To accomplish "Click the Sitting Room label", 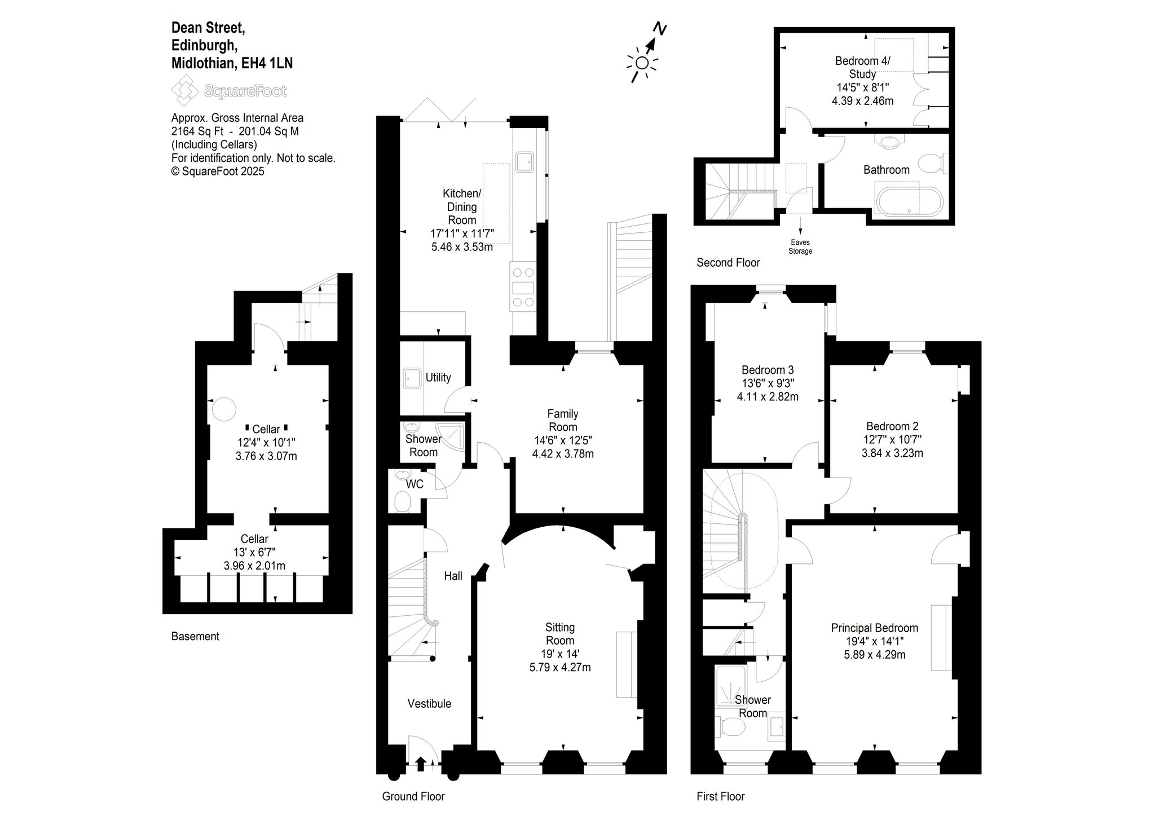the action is coord(560,634).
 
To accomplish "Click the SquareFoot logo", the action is coord(229,91).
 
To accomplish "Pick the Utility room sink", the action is coord(412,378).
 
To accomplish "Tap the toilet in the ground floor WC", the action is coord(403,501).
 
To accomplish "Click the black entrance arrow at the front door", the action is coord(420,764).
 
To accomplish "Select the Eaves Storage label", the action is coord(800,247).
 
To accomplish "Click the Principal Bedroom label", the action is coord(875,628).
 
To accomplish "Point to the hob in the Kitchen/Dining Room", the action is coord(523,287).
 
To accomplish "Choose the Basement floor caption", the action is coord(195,636).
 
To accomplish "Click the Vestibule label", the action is coord(429,703).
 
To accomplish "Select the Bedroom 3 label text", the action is coord(768,370).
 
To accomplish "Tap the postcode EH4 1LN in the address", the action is coord(267,63).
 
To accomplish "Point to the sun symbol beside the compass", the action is coord(642,63).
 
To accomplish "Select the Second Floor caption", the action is coord(728,262).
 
